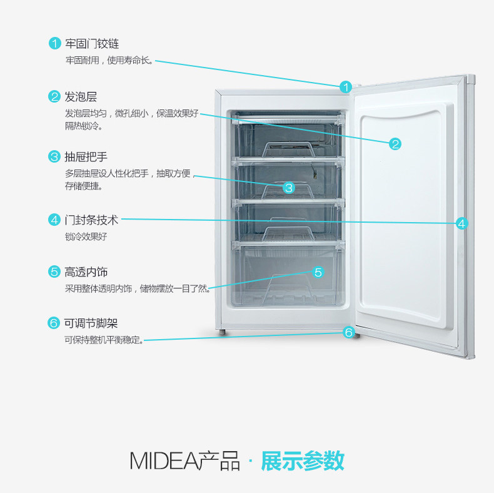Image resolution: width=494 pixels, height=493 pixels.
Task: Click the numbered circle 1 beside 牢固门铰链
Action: click(54, 44)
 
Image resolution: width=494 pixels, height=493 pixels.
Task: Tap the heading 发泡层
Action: click(81, 97)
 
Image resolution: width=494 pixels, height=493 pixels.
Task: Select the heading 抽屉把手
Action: click(86, 156)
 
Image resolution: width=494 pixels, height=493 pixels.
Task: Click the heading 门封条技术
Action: click(91, 220)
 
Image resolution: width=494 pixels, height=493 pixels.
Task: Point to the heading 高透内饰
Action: click(86, 272)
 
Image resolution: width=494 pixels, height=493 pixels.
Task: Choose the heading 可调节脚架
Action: click(91, 323)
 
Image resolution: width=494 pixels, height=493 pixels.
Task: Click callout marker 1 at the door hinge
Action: click(346, 86)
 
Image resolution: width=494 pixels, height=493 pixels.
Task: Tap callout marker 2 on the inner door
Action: click(395, 144)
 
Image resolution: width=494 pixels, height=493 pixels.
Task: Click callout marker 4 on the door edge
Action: click(461, 223)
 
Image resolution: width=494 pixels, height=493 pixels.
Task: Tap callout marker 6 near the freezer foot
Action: click(349, 332)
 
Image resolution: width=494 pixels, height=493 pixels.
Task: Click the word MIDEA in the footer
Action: click(164, 461)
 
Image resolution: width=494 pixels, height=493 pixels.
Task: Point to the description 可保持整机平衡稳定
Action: click(103, 341)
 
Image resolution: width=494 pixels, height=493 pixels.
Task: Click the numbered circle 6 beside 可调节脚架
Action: click(54, 323)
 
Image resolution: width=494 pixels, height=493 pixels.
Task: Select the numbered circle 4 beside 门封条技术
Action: click(54, 220)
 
